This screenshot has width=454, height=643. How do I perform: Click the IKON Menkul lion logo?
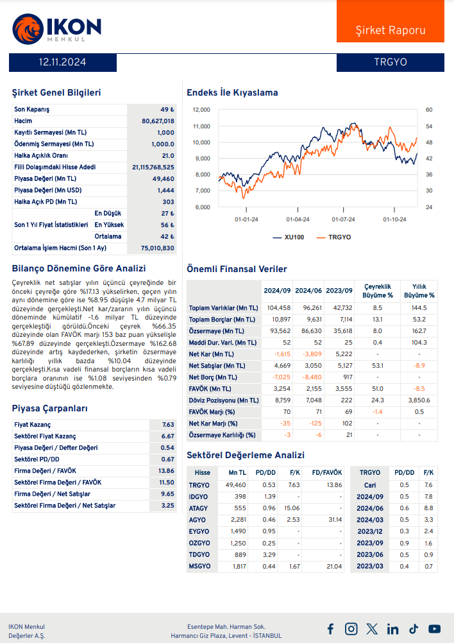point(26,28)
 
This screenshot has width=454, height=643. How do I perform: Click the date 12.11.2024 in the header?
point(62,62)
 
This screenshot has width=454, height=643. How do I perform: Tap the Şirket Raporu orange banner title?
point(390,30)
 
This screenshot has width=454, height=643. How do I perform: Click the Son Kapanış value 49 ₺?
point(167,110)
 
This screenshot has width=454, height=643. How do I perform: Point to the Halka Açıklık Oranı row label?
point(41,156)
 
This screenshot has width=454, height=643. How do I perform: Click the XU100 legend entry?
point(288,237)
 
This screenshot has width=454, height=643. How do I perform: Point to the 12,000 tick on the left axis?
point(201,110)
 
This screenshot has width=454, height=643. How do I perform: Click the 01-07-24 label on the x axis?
point(344,219)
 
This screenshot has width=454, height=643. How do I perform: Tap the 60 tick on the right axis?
point(429,110)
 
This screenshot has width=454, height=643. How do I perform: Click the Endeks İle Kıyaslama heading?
point(232,92)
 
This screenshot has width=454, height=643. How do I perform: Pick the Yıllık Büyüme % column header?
point(419,291)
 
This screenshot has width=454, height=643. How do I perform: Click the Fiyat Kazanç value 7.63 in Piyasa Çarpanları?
point(168,425)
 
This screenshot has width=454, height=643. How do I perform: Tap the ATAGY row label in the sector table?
point(199,508)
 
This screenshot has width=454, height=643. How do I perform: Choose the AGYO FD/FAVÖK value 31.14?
point(333,520)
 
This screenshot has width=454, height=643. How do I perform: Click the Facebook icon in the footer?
point(330,629)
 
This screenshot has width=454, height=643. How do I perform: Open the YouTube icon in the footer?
point(435,629)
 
